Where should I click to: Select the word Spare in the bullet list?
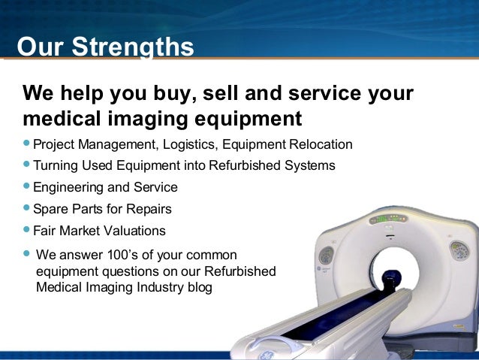pos(49,209)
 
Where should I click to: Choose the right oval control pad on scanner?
pos(458,250)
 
